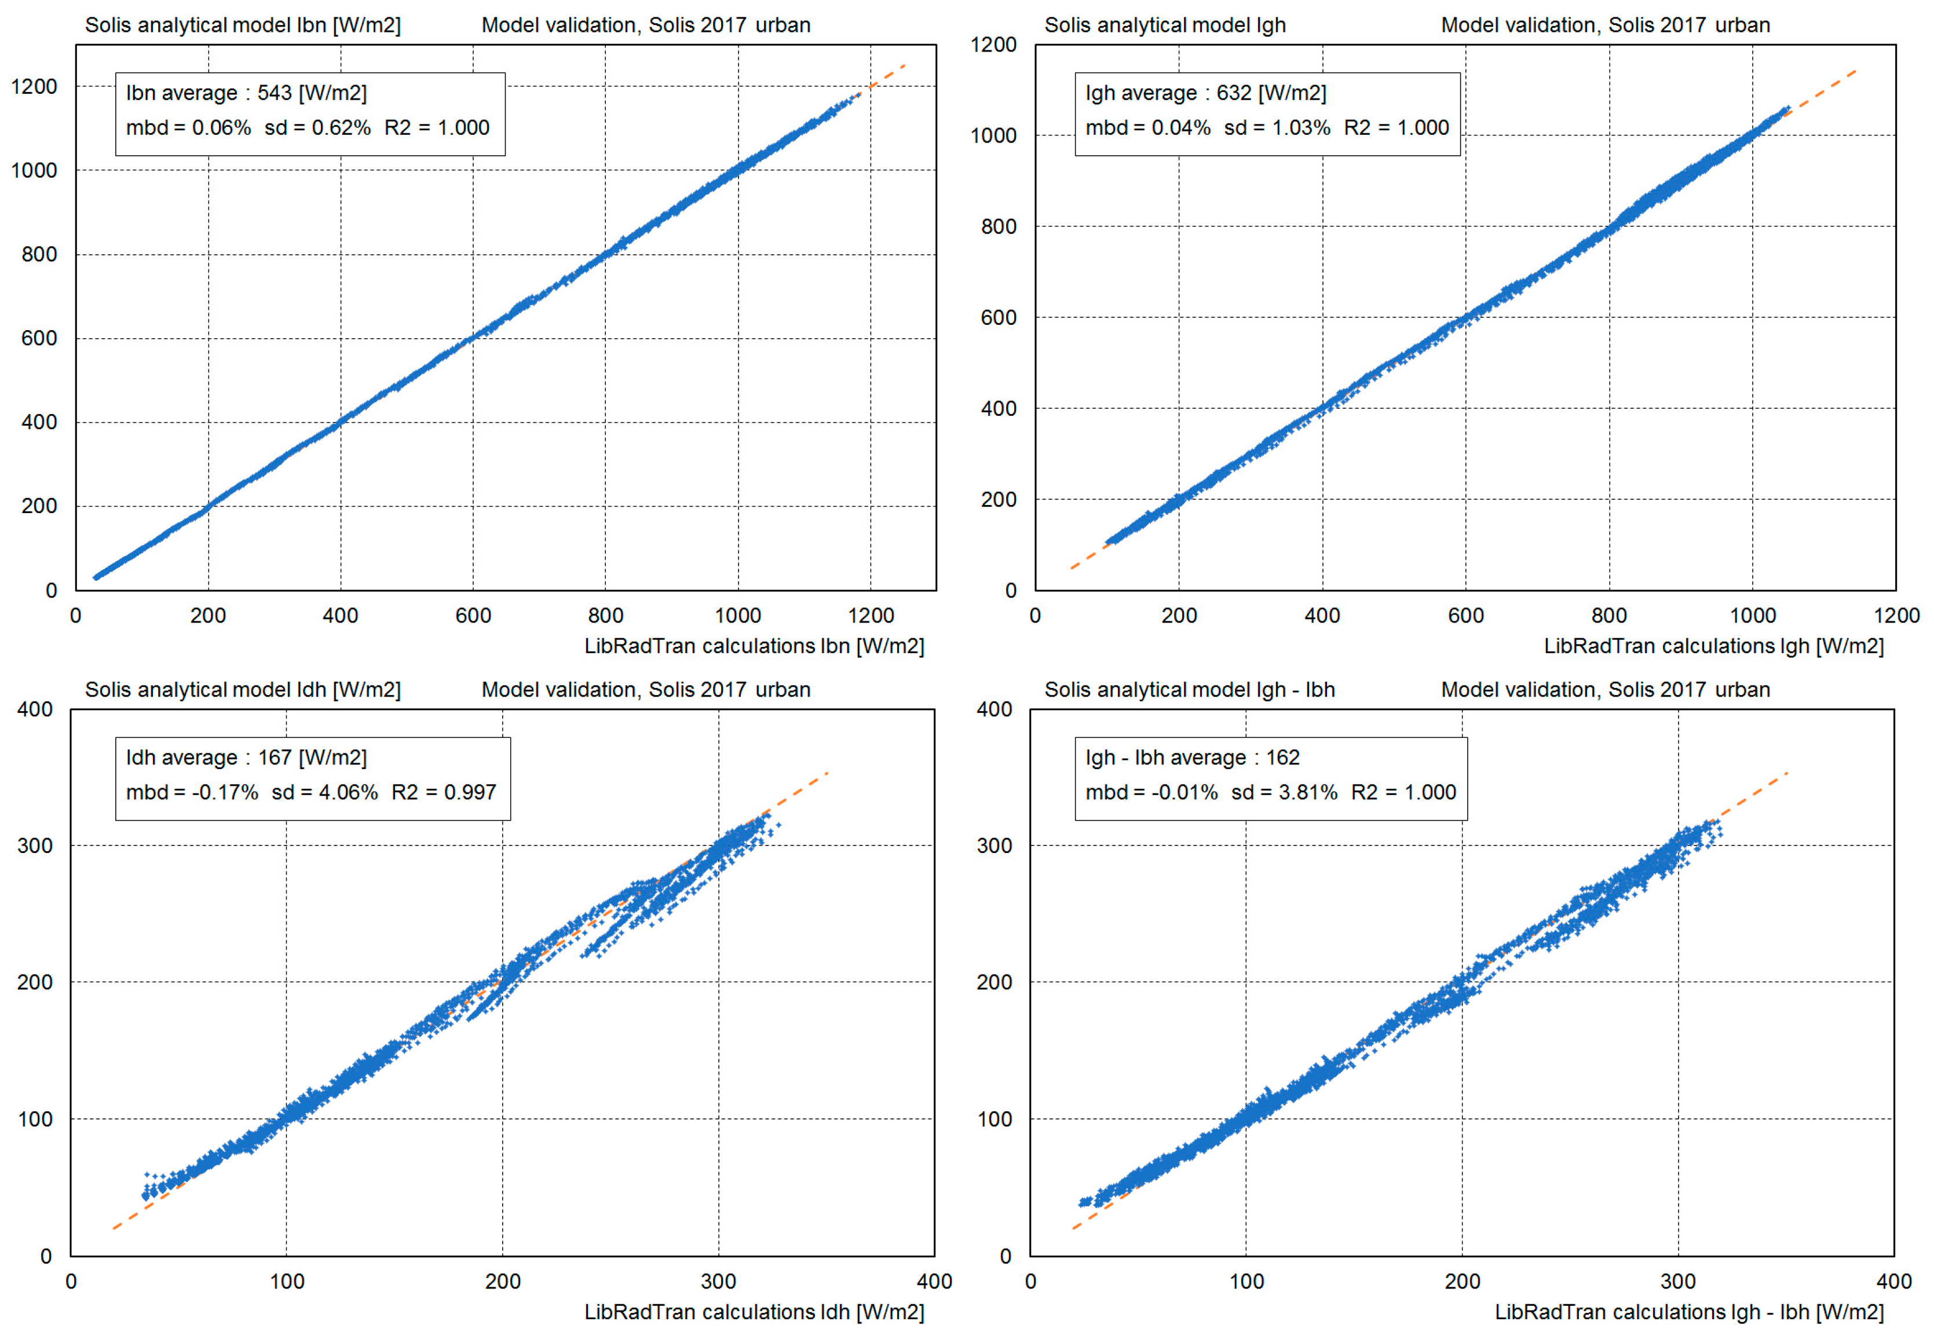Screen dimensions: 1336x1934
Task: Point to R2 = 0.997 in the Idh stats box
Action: click(444, 792)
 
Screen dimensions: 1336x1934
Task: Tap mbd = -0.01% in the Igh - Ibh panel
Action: click(1151, 792)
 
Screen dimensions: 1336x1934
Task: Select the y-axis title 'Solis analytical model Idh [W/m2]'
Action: click(243, 690)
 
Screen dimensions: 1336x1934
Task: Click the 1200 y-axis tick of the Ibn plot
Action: click(34, 87)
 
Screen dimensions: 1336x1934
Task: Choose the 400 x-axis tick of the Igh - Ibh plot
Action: click(1893, 1282)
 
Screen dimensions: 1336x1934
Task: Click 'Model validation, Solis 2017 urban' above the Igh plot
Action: click(1605, 25)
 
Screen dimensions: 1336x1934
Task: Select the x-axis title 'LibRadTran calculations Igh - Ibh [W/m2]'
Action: click(1688, 1312)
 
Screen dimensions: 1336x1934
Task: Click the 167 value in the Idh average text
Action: click(274, 757)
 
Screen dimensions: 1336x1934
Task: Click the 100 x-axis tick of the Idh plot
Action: click(286, 1282)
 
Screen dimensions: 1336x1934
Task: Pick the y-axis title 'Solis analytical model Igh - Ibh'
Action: click(1189, 690)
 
